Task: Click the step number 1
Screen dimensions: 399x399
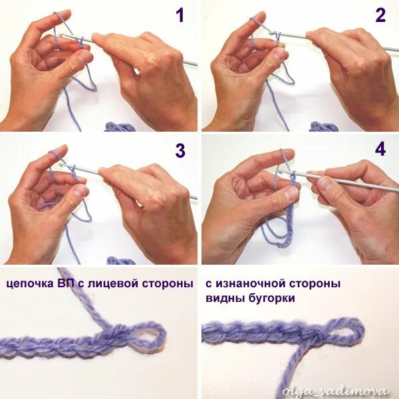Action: [180, 15]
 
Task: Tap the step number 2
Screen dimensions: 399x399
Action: [380, 15]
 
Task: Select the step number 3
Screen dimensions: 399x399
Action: [180, 150]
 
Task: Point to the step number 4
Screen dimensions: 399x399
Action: [380, 149]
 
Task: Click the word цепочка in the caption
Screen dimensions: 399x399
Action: [29, 284]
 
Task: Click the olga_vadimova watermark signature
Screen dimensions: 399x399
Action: [335, 391]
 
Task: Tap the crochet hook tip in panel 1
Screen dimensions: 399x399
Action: [61, 36]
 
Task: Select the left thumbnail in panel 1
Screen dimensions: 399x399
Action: [84, 57]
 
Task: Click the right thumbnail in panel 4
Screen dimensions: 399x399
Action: [325, 182]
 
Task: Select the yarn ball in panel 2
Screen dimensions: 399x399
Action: [325, 126]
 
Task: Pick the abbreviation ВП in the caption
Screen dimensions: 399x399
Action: [65, 283]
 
